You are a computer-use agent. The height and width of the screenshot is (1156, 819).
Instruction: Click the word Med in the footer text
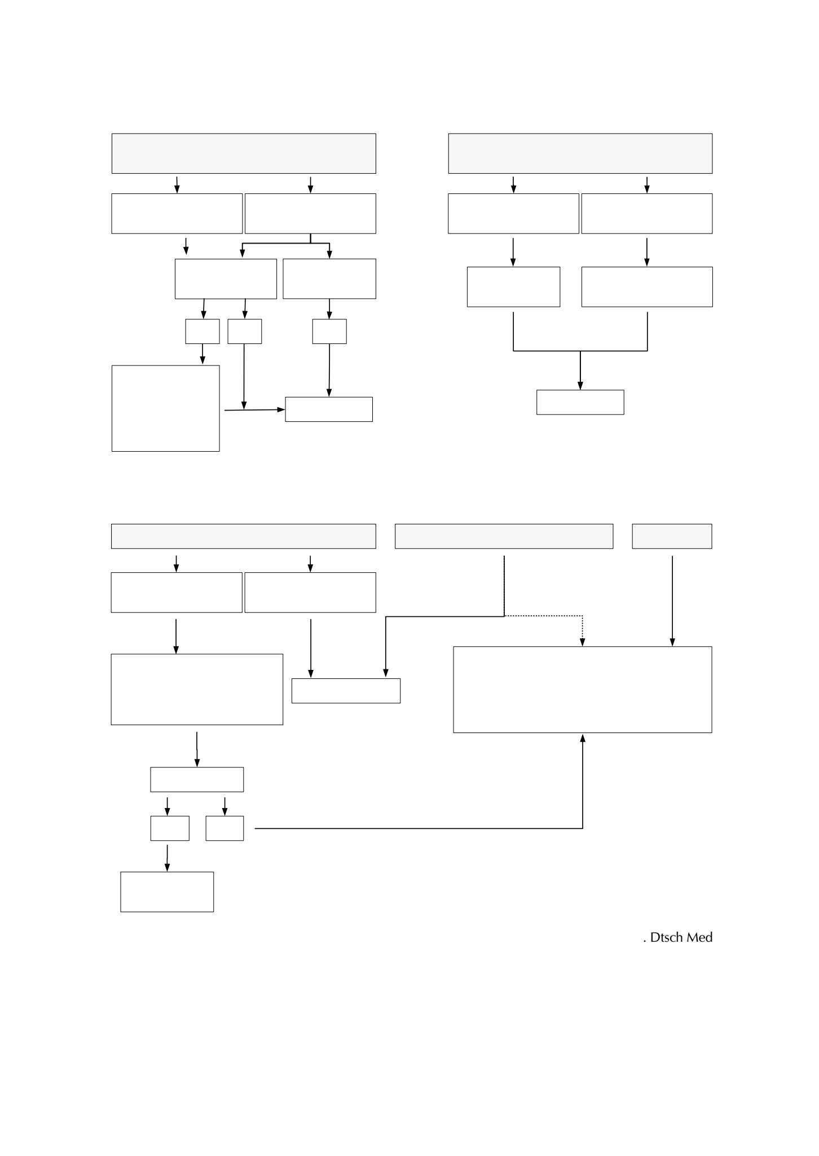(699, 937)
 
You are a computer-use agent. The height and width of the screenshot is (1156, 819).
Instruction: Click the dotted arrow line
(543, 616)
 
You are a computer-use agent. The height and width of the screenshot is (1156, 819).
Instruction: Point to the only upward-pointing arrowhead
(583, 737)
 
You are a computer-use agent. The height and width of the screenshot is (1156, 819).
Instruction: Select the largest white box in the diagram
(583, 690)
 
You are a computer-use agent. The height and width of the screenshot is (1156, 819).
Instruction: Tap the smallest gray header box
(672, 536)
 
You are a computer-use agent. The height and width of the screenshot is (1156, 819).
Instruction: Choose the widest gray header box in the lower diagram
(244, 536)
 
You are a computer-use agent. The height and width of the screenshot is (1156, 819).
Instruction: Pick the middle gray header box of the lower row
(504, 536)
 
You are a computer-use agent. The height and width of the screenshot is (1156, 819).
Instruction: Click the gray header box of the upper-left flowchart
(244, 153)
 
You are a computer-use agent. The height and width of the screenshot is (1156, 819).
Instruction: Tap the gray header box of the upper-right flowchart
(580, 153)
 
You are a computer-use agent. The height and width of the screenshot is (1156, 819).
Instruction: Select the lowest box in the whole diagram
(167, 892)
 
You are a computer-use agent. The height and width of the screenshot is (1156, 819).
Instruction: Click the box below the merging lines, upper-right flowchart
(580, 402)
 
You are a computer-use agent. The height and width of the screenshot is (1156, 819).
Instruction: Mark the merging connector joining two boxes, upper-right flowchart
(580, 351)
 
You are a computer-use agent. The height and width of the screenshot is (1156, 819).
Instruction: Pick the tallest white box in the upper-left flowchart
(165, 408)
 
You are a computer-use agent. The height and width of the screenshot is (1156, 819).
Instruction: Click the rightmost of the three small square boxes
(329, 332)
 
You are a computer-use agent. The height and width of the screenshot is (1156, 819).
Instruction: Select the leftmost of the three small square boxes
(202, 332)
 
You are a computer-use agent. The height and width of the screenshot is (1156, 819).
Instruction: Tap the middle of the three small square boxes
(245, 332)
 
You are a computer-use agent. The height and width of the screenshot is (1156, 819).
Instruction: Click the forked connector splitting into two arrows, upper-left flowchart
(286, 243)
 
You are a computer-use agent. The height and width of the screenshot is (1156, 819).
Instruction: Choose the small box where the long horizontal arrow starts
(224, 828)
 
